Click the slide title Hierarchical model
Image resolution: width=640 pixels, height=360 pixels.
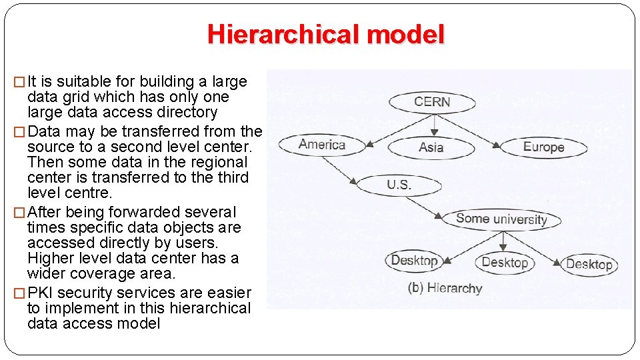325,34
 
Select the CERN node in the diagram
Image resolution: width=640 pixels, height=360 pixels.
432,102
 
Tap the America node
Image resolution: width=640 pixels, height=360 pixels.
321,144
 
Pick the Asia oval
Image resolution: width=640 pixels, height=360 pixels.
431,147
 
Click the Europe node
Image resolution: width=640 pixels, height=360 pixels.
543,147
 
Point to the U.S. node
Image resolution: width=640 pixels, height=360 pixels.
399,185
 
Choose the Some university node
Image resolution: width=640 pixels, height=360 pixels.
501,219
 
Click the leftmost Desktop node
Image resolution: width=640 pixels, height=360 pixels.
414,260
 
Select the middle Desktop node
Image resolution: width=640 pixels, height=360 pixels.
505,263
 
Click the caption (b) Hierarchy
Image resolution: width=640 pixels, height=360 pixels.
445,288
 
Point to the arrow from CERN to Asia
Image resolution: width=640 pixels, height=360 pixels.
434,125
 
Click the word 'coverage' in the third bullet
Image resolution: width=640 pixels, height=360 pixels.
111,274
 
